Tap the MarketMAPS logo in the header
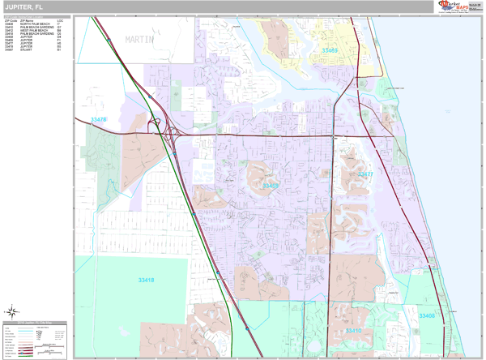coord(457,6)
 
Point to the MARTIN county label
coord(139,39)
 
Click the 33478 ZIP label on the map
coord(99,120)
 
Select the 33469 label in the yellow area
coord(329,50)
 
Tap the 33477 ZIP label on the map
coord(365,174)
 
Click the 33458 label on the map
coord(271,186)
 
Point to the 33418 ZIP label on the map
coord(146,281)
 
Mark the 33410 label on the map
coord(354,331)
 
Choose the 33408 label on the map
coord(427,315)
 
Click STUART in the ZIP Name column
coord(26,49)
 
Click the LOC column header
coord(60,19)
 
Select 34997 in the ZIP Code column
coord(8,49)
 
